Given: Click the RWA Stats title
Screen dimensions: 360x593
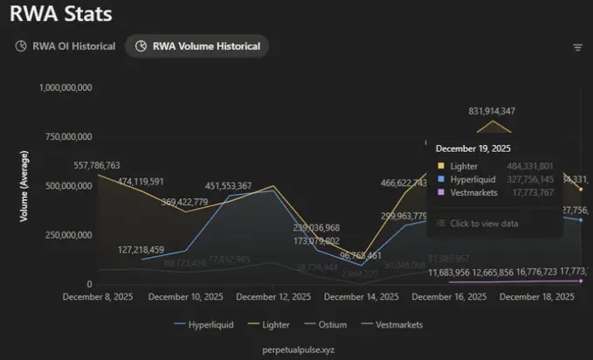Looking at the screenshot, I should point(62,15).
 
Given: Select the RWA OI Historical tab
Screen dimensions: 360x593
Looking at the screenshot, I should point(66,46).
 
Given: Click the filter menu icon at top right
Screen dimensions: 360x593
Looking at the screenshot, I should point(577,47).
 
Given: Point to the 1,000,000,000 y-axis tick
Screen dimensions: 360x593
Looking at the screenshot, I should point(67,87).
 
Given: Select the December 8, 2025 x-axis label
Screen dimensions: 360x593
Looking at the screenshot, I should point(99,297).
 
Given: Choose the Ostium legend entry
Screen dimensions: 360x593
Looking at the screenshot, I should point(328,324).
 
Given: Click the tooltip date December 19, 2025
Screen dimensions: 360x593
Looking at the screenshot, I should point(473,149).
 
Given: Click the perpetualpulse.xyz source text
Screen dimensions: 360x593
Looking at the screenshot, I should point(299,349).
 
